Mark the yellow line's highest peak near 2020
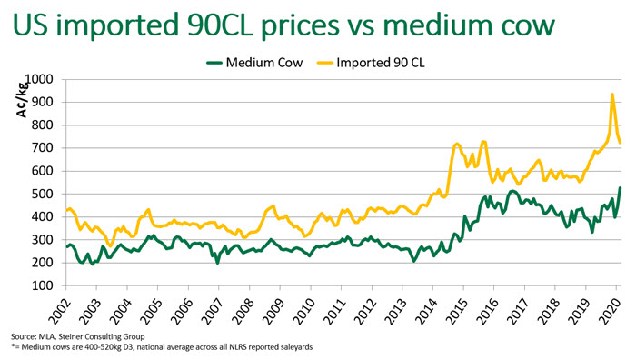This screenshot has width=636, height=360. pyautogui.click(x=612, y=94)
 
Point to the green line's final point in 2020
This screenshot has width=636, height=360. pyautogui.click(x=621, y=188)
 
